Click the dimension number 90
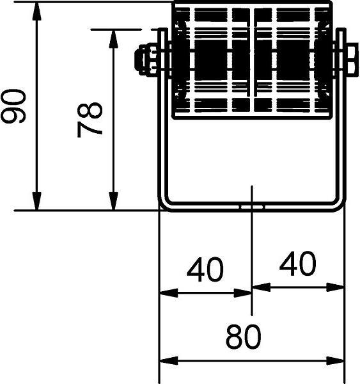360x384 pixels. (13, 106)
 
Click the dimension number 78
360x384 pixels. (90, 120)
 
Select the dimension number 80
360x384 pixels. (243, 337)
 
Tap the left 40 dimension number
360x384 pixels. (205, 269)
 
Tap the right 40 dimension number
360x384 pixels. (297, 264)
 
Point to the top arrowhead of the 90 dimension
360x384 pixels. (36, 11)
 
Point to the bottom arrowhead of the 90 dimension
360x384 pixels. (36, 201)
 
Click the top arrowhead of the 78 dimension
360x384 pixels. (113, 38)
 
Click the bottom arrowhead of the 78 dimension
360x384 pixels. (113, 201)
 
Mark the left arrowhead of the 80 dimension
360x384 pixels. (169, 360)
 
